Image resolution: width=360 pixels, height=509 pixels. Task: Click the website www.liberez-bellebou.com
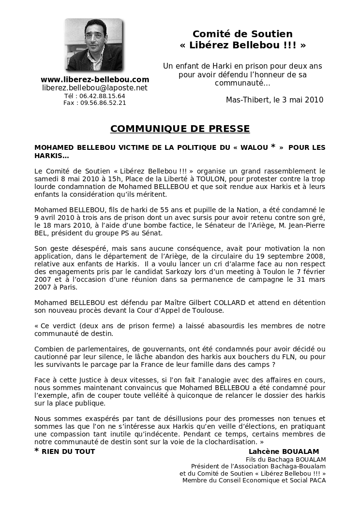95,79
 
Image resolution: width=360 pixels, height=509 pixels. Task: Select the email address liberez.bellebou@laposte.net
95,88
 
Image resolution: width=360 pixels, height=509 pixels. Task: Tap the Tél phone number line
95,96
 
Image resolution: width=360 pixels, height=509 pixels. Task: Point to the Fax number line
95,102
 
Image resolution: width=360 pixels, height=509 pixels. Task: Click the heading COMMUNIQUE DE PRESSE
180,129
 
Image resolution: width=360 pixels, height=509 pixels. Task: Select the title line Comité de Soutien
242,34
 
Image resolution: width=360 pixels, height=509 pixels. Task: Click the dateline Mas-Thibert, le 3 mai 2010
274,100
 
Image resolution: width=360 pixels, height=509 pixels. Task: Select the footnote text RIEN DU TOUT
68,451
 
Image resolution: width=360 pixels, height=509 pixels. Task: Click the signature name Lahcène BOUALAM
284,451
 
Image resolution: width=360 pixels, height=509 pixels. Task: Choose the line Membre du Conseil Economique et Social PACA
254,480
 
